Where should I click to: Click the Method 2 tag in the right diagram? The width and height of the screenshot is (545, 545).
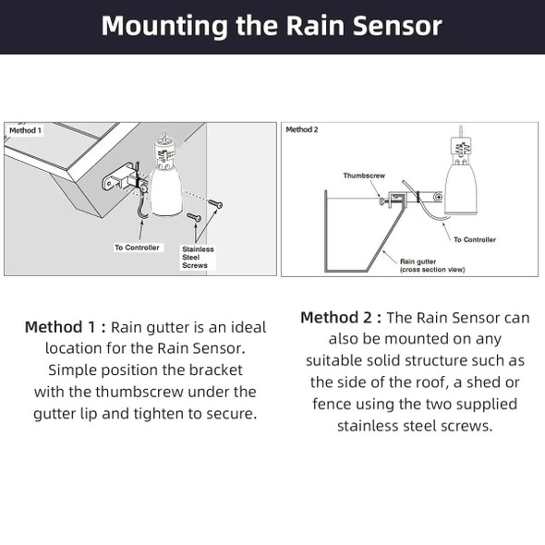coord(302,130)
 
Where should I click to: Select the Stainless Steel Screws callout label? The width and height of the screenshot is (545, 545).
coord(197,257)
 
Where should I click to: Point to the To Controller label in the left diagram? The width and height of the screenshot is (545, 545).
coord(137,248)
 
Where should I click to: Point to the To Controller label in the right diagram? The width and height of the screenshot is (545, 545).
coord(474,239)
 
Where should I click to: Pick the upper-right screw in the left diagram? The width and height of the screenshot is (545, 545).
coord(215,203)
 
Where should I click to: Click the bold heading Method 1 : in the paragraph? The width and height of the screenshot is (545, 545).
coord(66,327)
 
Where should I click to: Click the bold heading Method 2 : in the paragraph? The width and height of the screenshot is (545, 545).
coord(341,318)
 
